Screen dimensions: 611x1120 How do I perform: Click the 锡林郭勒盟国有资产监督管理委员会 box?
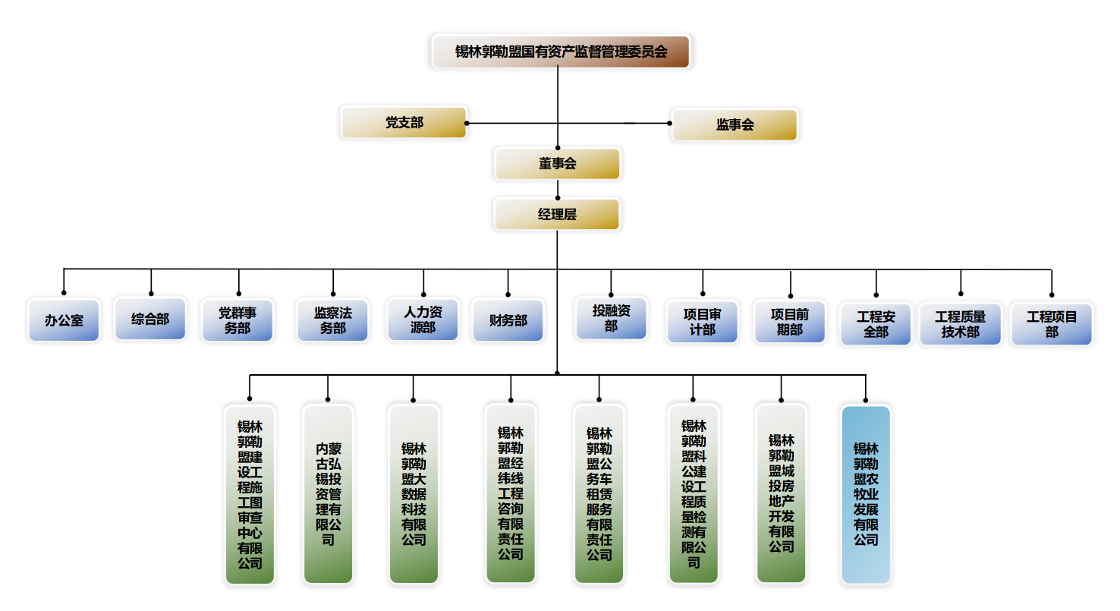(x=561, y=52)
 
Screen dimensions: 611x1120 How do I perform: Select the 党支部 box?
(x=404, y=123)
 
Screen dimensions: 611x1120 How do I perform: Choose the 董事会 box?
(x=558, y=164)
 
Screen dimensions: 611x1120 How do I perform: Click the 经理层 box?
(x=558, y=215)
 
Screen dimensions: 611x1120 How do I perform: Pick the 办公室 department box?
(x=64, y=320)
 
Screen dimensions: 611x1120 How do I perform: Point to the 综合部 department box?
(x=150, y=319)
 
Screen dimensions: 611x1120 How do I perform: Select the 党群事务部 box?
(x=238, y=320)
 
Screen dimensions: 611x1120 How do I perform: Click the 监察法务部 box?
(x=333, y=320)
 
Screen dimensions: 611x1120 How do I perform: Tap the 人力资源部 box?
(x=423, y=319)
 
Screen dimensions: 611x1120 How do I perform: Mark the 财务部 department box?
(x=508, y=320)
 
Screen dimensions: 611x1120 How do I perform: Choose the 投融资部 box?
(x=611, y=318)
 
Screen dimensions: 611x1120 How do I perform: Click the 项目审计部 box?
(x=703, y=322)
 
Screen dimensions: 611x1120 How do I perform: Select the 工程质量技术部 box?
(x=961, y=324)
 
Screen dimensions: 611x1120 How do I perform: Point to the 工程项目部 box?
(x=1052, y=324)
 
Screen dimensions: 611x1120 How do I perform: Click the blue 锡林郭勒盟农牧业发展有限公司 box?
(x=866, y=494)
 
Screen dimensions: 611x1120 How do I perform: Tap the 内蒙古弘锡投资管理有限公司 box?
(x=328, y=494)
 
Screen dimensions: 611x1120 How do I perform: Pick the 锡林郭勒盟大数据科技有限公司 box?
(x=414, y=494)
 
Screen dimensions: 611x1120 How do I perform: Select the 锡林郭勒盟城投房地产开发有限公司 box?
(x=782, y=493)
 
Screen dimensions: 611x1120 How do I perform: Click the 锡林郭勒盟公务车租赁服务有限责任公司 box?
(x=599, y=494)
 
